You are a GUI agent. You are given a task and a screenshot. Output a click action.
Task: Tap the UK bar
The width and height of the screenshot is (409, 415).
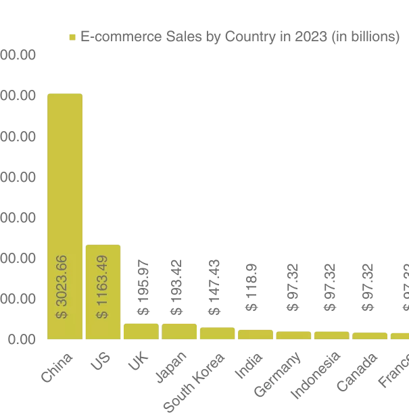coord(141,331)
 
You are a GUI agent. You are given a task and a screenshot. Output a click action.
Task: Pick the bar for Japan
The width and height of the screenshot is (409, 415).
coord(178,331)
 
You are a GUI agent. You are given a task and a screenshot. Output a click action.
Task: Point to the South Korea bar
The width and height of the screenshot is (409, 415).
coord(216,333)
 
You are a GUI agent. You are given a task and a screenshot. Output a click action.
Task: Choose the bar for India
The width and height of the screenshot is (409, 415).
coord(255,334)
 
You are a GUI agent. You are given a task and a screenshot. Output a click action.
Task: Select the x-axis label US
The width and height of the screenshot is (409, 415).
coord(100,362)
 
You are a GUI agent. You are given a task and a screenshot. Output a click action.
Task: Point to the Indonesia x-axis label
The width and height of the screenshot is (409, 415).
coord(316,374)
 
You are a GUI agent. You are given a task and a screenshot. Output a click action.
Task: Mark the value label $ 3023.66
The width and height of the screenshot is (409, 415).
coord(62,287)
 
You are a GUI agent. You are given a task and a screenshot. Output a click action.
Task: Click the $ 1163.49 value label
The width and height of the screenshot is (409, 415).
coord(101,287)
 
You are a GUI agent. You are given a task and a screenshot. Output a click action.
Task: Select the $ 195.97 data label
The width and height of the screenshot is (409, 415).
coord(143,287)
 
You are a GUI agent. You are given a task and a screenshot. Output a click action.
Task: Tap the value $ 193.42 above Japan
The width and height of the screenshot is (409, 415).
coord(176,287)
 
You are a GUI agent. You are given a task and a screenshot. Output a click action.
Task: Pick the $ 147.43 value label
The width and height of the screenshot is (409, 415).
coord(214,287)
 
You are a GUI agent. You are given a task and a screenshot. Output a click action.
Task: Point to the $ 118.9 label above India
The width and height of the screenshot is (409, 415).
coord(252,287)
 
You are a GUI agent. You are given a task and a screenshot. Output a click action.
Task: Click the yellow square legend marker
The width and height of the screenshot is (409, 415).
coord(72,37)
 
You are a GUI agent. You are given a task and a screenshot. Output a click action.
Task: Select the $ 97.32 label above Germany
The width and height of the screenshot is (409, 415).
coord(293,287)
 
